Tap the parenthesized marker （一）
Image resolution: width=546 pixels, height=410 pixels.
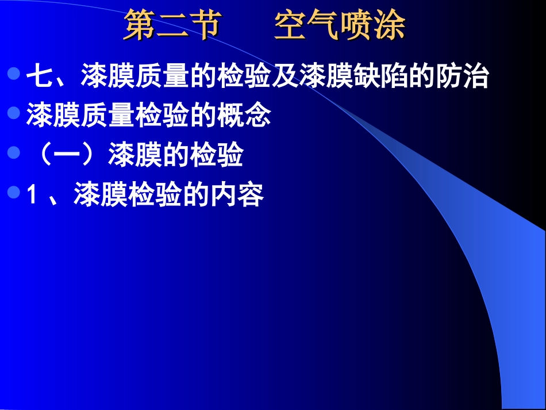point(68,156)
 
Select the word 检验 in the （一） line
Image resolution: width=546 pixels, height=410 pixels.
point(216,156)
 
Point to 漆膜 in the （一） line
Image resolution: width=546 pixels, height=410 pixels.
point(135,156)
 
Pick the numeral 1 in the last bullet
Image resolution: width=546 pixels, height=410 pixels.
point(32,196)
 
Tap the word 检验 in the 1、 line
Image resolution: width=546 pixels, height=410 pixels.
point(155,196)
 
